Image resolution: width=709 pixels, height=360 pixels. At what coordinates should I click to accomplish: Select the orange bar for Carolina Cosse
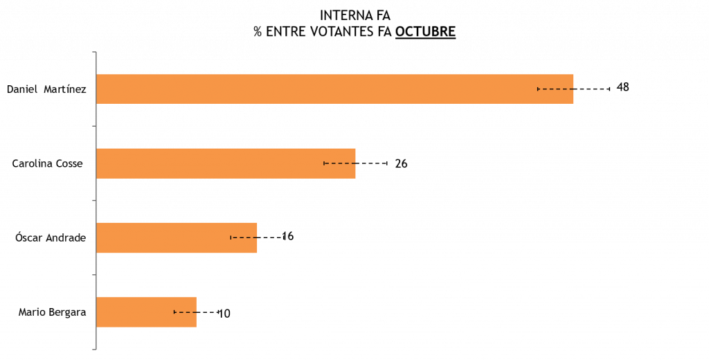click(x=225, y=163)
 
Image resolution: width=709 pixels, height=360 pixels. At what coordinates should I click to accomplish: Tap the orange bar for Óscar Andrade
click(x=176, y=237)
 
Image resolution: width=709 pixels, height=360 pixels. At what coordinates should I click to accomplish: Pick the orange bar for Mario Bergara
click(x=146, y=312)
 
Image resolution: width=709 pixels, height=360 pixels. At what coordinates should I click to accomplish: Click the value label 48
click(x=622, y=87)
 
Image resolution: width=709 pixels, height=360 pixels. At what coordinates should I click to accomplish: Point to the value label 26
click(x=401, y=163)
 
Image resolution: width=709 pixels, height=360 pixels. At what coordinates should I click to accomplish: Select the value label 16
click(x=288, y=236)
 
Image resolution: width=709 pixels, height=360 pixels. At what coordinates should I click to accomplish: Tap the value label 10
click(x=224, y=313)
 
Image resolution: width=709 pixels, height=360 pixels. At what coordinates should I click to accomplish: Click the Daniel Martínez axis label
click(x=46, y=89)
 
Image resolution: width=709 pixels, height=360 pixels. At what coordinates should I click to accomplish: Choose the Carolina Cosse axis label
click(x=48, y=163)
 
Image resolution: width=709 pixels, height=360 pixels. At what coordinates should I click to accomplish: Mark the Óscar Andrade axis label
click(x=51, y=237)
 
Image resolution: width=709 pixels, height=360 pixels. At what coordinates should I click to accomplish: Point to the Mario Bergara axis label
click(x=52, y=312)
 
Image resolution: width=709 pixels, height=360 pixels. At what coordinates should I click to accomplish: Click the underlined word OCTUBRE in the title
click(x=425, y=33)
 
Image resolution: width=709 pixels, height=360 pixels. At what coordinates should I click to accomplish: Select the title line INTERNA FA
click(x=354, y=15)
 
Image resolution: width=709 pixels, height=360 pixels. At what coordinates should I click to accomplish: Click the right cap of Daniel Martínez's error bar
click(x=609, y=89)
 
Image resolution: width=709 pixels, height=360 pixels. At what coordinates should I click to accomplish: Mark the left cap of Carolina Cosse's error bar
click(x=324, y=163)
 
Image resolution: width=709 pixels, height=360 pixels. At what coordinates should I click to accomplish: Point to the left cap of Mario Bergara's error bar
click(x=174, y=312)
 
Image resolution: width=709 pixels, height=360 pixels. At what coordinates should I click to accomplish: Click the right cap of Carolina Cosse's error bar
click(x=386, y=163)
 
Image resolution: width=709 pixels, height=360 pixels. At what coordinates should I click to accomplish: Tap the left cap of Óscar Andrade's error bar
click(x=231, y=237)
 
